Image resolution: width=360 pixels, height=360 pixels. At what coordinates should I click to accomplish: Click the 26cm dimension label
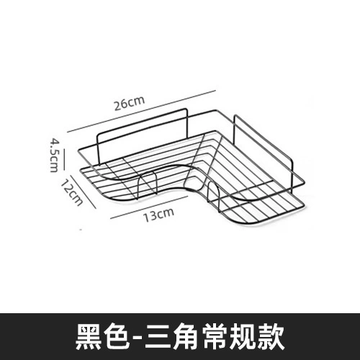tap(130, 103)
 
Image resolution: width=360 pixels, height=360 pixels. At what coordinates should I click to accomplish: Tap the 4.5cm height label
tap(54, 155)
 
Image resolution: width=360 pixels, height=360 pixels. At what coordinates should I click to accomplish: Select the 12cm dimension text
tap(72, 192)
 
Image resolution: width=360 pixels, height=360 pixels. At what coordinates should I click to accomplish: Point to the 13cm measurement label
tap(158, 215)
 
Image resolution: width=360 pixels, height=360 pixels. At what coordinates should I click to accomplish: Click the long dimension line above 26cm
tap(142, 111)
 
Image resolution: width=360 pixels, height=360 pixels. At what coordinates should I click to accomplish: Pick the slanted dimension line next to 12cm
tap(84, 192)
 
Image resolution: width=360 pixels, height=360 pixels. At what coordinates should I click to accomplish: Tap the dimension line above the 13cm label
tap(149, 207)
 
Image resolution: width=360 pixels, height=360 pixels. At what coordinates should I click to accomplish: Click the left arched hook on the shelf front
tap(148, 172)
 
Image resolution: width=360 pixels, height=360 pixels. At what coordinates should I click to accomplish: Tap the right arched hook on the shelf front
tap(213, 184)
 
